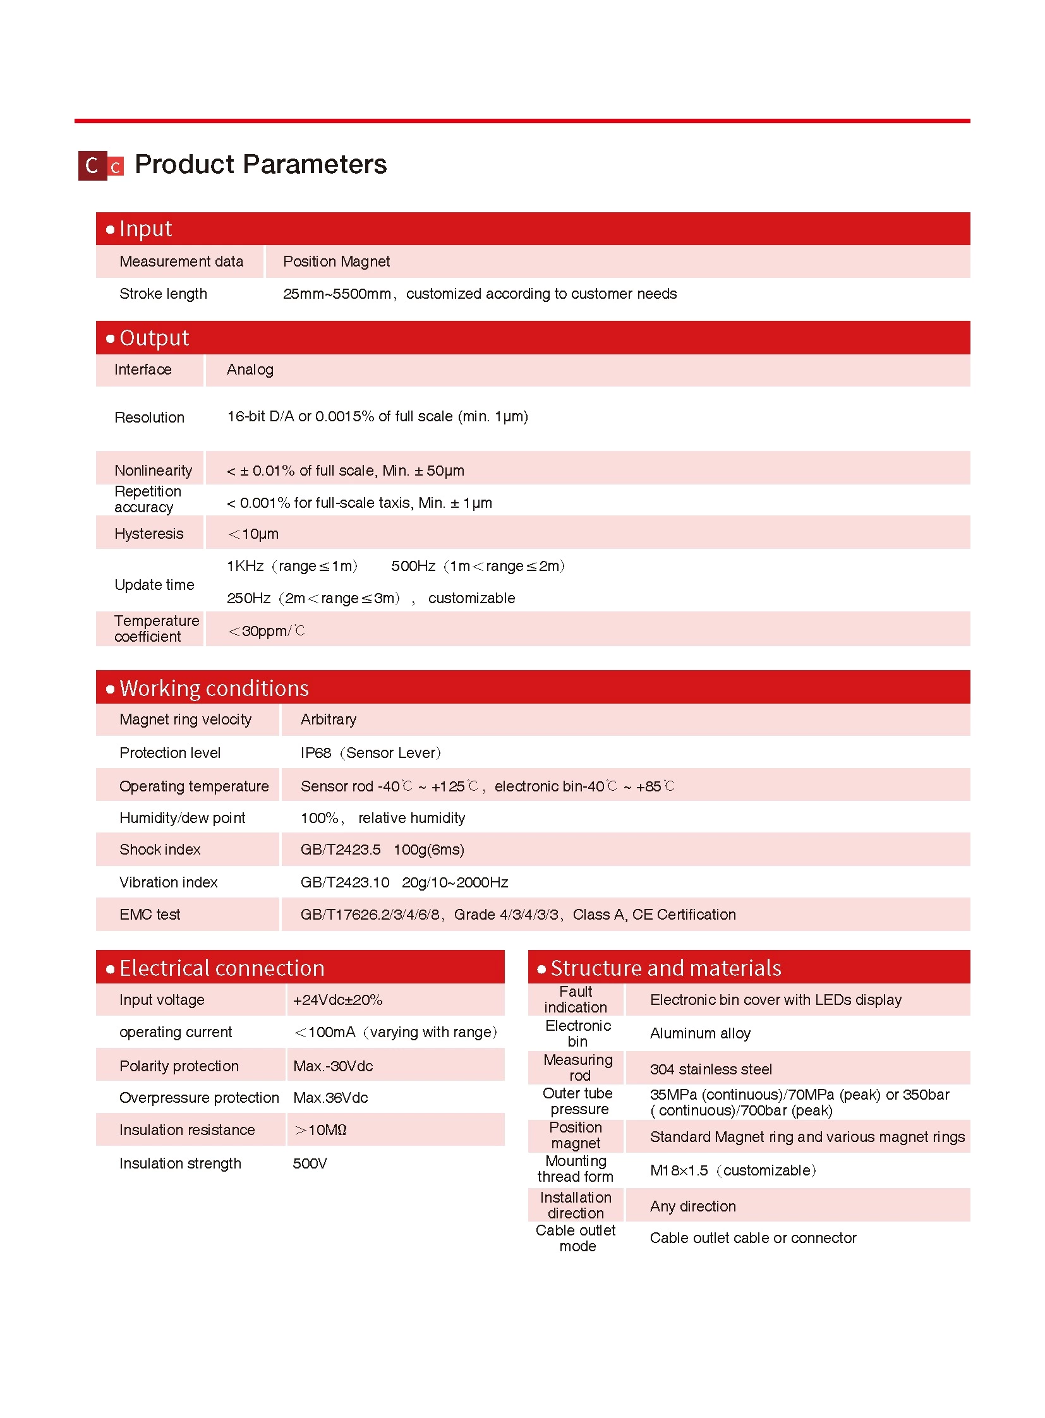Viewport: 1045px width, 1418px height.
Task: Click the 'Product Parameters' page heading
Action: point(260,164)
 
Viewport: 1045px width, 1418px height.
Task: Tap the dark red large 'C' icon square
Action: point(92,165)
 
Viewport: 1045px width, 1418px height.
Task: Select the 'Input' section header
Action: point(145,229)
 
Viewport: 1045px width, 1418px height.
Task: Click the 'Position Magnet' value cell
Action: point(336,262)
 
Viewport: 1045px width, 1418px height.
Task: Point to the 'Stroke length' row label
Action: point(163,294)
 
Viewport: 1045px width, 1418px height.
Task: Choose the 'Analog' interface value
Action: point(250,370)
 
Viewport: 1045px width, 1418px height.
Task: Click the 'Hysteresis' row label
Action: point(148,534)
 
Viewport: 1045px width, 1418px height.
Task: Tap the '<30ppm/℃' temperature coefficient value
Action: point(267,630)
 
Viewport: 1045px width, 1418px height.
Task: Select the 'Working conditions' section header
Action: point(214,688)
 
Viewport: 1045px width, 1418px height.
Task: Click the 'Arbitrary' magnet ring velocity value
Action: point(329,720)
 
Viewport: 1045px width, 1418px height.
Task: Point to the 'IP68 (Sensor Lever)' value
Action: point(370,753)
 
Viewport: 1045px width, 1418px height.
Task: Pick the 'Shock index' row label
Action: point(160,850)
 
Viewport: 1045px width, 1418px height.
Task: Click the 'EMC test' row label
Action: point(150,915)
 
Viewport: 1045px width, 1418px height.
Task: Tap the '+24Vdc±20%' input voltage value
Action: point(337,1000)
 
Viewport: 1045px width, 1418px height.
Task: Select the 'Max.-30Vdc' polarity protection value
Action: point(333,1066)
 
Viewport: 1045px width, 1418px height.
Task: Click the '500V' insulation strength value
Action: point(310,1163)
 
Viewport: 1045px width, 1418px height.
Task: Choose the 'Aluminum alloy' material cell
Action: point(699,1033)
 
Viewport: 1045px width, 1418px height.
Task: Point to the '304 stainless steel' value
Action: point(710,1069)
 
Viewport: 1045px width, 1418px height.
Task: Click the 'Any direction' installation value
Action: point(692,1207)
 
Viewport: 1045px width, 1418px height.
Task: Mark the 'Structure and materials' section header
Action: point(665,968)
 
